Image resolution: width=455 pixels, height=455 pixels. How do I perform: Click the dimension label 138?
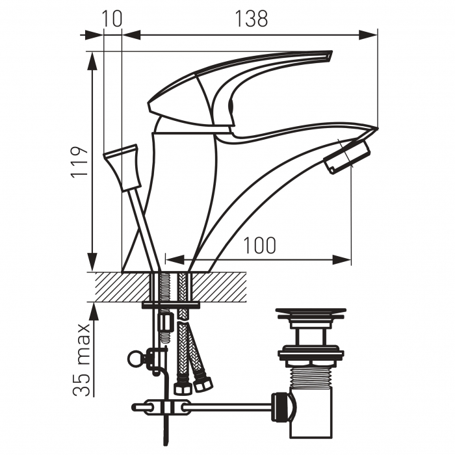pos(251,19)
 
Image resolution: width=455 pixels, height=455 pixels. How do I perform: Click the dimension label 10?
pos(112,19)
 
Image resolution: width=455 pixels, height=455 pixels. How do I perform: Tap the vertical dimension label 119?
pos(79,161)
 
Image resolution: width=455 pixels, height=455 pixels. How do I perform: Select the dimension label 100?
pos(259,246)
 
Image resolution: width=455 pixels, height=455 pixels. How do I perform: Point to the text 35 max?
pos(81,359)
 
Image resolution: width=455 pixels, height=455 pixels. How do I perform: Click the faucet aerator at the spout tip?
pos(346,156)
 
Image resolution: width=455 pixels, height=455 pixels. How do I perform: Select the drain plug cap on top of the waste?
pos(311,314)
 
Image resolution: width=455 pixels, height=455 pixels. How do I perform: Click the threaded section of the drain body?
pos(311,376)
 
